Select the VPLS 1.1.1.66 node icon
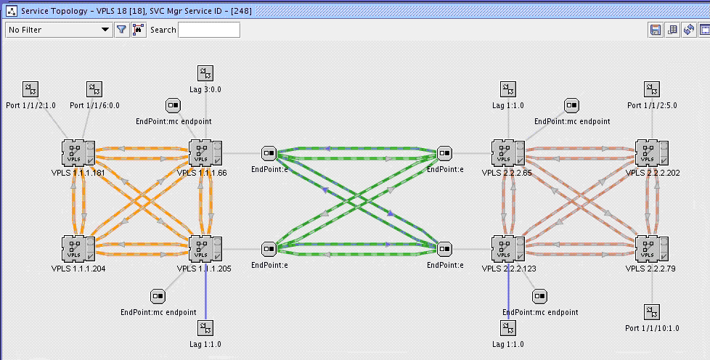[x=204, y=154]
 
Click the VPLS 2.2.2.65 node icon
[x=507, y=154]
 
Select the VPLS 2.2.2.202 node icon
[x=652, y=154]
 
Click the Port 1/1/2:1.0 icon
[x=30, y=89]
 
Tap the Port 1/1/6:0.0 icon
[x=94, y=89]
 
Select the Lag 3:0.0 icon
[x=205, y=73]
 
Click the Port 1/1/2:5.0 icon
[x=652, y=89]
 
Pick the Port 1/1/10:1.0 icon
[x=652, y=311]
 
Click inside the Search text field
[x=209, y=30]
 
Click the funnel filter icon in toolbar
[x=122, y=30]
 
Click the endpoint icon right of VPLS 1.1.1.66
[x=269, y=153]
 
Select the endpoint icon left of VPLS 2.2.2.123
[x=445, y=249]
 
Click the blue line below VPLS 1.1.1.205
[x=205, y=298]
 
